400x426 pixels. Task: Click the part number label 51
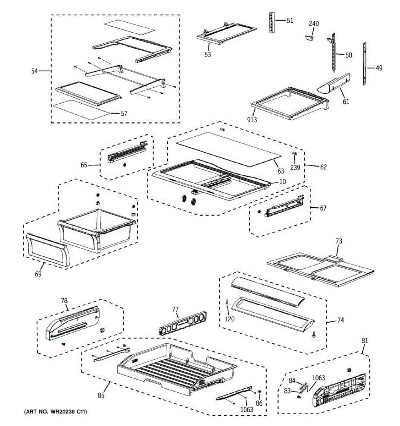[x=290, y=20]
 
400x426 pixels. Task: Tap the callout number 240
[x=314, y=23]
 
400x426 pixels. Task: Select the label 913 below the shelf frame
[x=252, y=120]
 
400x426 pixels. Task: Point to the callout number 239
[x=295, y=167]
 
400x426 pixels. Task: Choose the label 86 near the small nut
[x=259, y=403]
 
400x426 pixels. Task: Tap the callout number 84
[x=292, y=381]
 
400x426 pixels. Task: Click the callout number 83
[x=287, y=391]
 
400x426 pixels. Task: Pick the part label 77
[x=175, y=309]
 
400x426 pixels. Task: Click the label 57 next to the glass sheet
[x=124, y=114]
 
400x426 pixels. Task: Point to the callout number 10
[x=283, y=182]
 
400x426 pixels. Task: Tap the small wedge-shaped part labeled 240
[x=309, y=38]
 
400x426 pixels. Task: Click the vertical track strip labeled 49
[x=364, y=64]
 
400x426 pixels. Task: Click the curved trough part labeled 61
[x=334, y=84]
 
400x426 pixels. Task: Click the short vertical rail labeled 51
[x=272, y=22]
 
